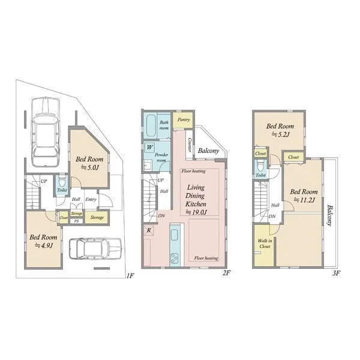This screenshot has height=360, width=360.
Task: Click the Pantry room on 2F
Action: click(x=183, y=120)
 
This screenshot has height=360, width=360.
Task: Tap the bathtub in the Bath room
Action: click(x=151, y=125)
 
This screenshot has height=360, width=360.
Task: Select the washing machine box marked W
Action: click(x=149, y=147)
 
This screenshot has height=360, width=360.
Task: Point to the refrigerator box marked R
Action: click(x=149, y=230)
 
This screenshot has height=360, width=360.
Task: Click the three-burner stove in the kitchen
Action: click(x=174, y=259)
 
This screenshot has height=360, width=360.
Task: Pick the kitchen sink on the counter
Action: click(x=174, y=235)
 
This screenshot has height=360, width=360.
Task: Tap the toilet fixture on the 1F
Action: click(x=62, y=182)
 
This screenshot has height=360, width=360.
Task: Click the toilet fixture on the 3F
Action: click(x=260, y=166)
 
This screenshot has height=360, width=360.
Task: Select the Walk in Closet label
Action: click(x=265, y=244)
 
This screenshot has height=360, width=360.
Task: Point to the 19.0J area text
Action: click(x=196, y=212)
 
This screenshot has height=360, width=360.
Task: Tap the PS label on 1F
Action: click(x=76, y=221)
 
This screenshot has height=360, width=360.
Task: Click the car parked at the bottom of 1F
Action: click(x=95, y=249)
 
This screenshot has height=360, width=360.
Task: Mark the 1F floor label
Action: click(x=130, y=275)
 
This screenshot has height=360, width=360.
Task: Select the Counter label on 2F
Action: click(x=190, y=145)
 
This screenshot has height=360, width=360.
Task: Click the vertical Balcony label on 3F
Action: click(x=329, y=215)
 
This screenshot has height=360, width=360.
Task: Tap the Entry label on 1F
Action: click(x=91, y=199)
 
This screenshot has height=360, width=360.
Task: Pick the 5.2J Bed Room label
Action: click(x=280, y=130)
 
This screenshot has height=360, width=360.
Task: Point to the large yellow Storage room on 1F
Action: click(x=97, y=217)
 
